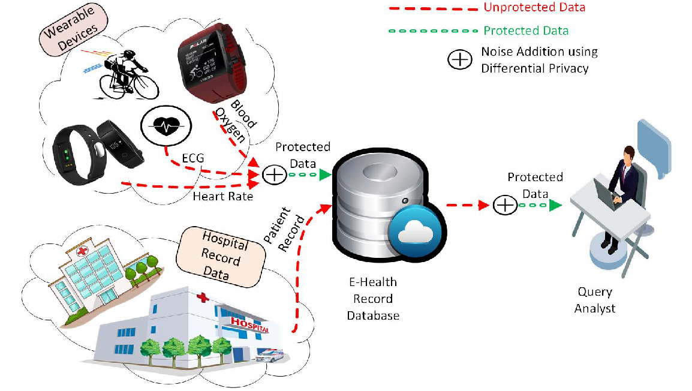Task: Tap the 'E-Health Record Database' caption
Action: [373, 298]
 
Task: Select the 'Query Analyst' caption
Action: [594, 300]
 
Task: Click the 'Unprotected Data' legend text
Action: [534, 8]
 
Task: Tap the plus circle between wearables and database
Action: [275, 175]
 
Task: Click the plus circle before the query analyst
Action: [505, 205]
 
